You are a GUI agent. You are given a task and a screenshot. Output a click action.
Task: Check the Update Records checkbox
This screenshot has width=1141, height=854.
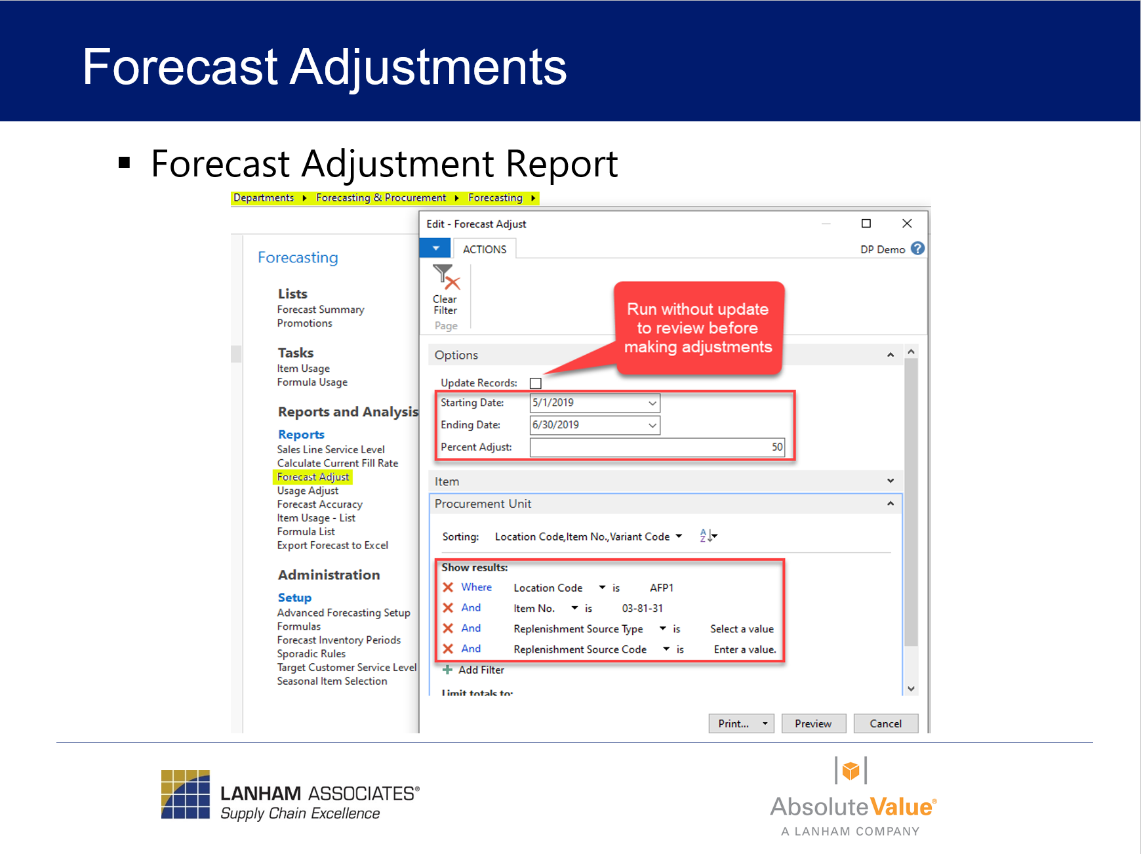pos(536,383)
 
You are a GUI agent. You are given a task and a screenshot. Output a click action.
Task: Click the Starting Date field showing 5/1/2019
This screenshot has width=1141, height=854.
pos(587,403)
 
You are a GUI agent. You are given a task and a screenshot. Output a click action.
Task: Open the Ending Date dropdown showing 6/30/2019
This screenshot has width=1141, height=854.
pos(652,425)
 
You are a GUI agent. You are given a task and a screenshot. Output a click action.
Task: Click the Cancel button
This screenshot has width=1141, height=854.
pos(885,723)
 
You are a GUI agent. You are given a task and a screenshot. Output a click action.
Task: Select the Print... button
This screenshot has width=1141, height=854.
pos(734,723)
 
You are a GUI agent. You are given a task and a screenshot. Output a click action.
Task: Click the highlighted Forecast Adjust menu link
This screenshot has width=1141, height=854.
pos(313,477)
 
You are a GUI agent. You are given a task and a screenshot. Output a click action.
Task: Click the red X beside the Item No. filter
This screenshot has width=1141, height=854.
pos(448,608)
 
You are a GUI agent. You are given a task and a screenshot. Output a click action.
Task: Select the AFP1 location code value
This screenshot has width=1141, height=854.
pos(661,588)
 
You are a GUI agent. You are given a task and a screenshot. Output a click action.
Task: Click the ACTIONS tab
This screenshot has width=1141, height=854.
pos(485,249)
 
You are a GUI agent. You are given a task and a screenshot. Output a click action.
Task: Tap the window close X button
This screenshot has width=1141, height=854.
pos(907,224)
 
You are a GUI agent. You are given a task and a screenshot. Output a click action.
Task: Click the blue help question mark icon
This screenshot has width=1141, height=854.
pos(917,249)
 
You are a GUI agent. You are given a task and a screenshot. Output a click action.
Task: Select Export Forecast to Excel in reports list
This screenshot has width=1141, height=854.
pos(332,545)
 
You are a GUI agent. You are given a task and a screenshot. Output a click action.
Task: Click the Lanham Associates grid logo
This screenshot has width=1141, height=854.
pos(186,794)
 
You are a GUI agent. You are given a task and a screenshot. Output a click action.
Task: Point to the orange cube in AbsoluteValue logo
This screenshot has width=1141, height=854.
pos(851,770)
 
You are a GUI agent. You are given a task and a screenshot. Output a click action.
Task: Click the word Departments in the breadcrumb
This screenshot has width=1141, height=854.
pos(264,197)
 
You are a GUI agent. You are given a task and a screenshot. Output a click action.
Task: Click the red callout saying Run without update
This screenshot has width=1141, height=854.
pos(698,328)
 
